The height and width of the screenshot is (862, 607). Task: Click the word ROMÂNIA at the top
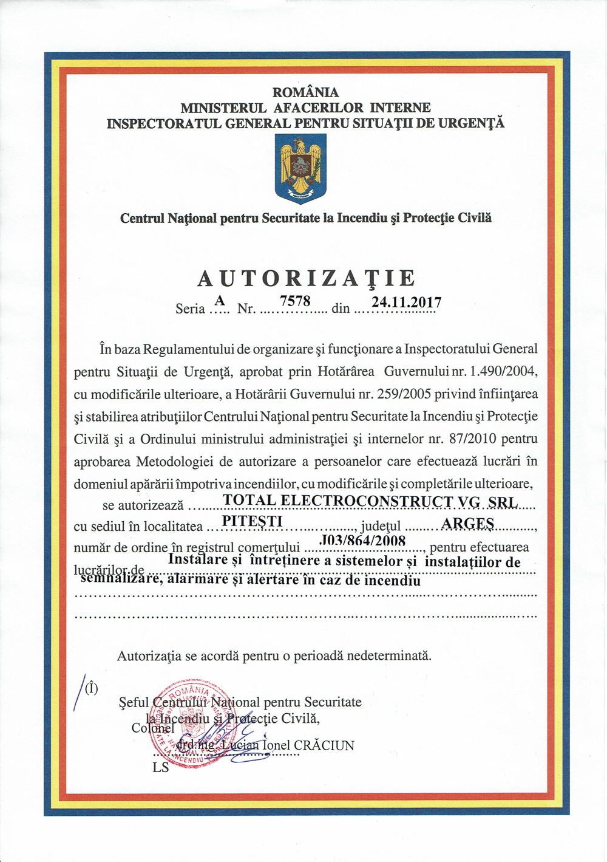point(305,92)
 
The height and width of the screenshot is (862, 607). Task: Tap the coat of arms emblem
point(300,168)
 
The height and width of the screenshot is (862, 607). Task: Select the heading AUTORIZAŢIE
point(307,278)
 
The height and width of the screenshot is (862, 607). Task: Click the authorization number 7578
point(295,301)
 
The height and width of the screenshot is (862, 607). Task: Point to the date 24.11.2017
point(407,302)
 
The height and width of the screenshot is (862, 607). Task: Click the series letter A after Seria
point(220,300)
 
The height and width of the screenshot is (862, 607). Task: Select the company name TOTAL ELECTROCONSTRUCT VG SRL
point(370,501)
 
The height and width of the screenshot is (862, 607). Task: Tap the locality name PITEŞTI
point(253,521)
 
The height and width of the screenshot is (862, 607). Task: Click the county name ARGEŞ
point(467,524)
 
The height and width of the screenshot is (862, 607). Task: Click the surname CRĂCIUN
point(324,745)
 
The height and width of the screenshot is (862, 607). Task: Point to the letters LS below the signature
point(161,768)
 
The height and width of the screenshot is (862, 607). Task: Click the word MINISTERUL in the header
point(223,108)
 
